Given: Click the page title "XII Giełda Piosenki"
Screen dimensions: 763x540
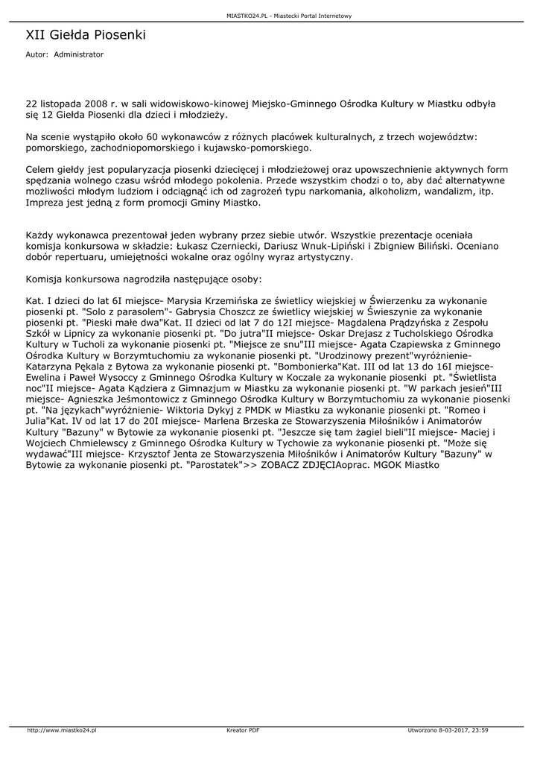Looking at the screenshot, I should pyautogui.click(x=86, y=35).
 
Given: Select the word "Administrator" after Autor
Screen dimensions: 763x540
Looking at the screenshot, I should pyautogui.click(x=79, y=55).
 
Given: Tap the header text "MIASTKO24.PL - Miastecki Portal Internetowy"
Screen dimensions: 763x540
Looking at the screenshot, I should pyautogui.click(x=290, y=16).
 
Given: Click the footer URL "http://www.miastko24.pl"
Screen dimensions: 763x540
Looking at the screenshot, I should pyautogui.click(x=62, y=730).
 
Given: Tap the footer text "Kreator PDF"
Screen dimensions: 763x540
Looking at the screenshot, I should pyautogui.click(x=243, y=730).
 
